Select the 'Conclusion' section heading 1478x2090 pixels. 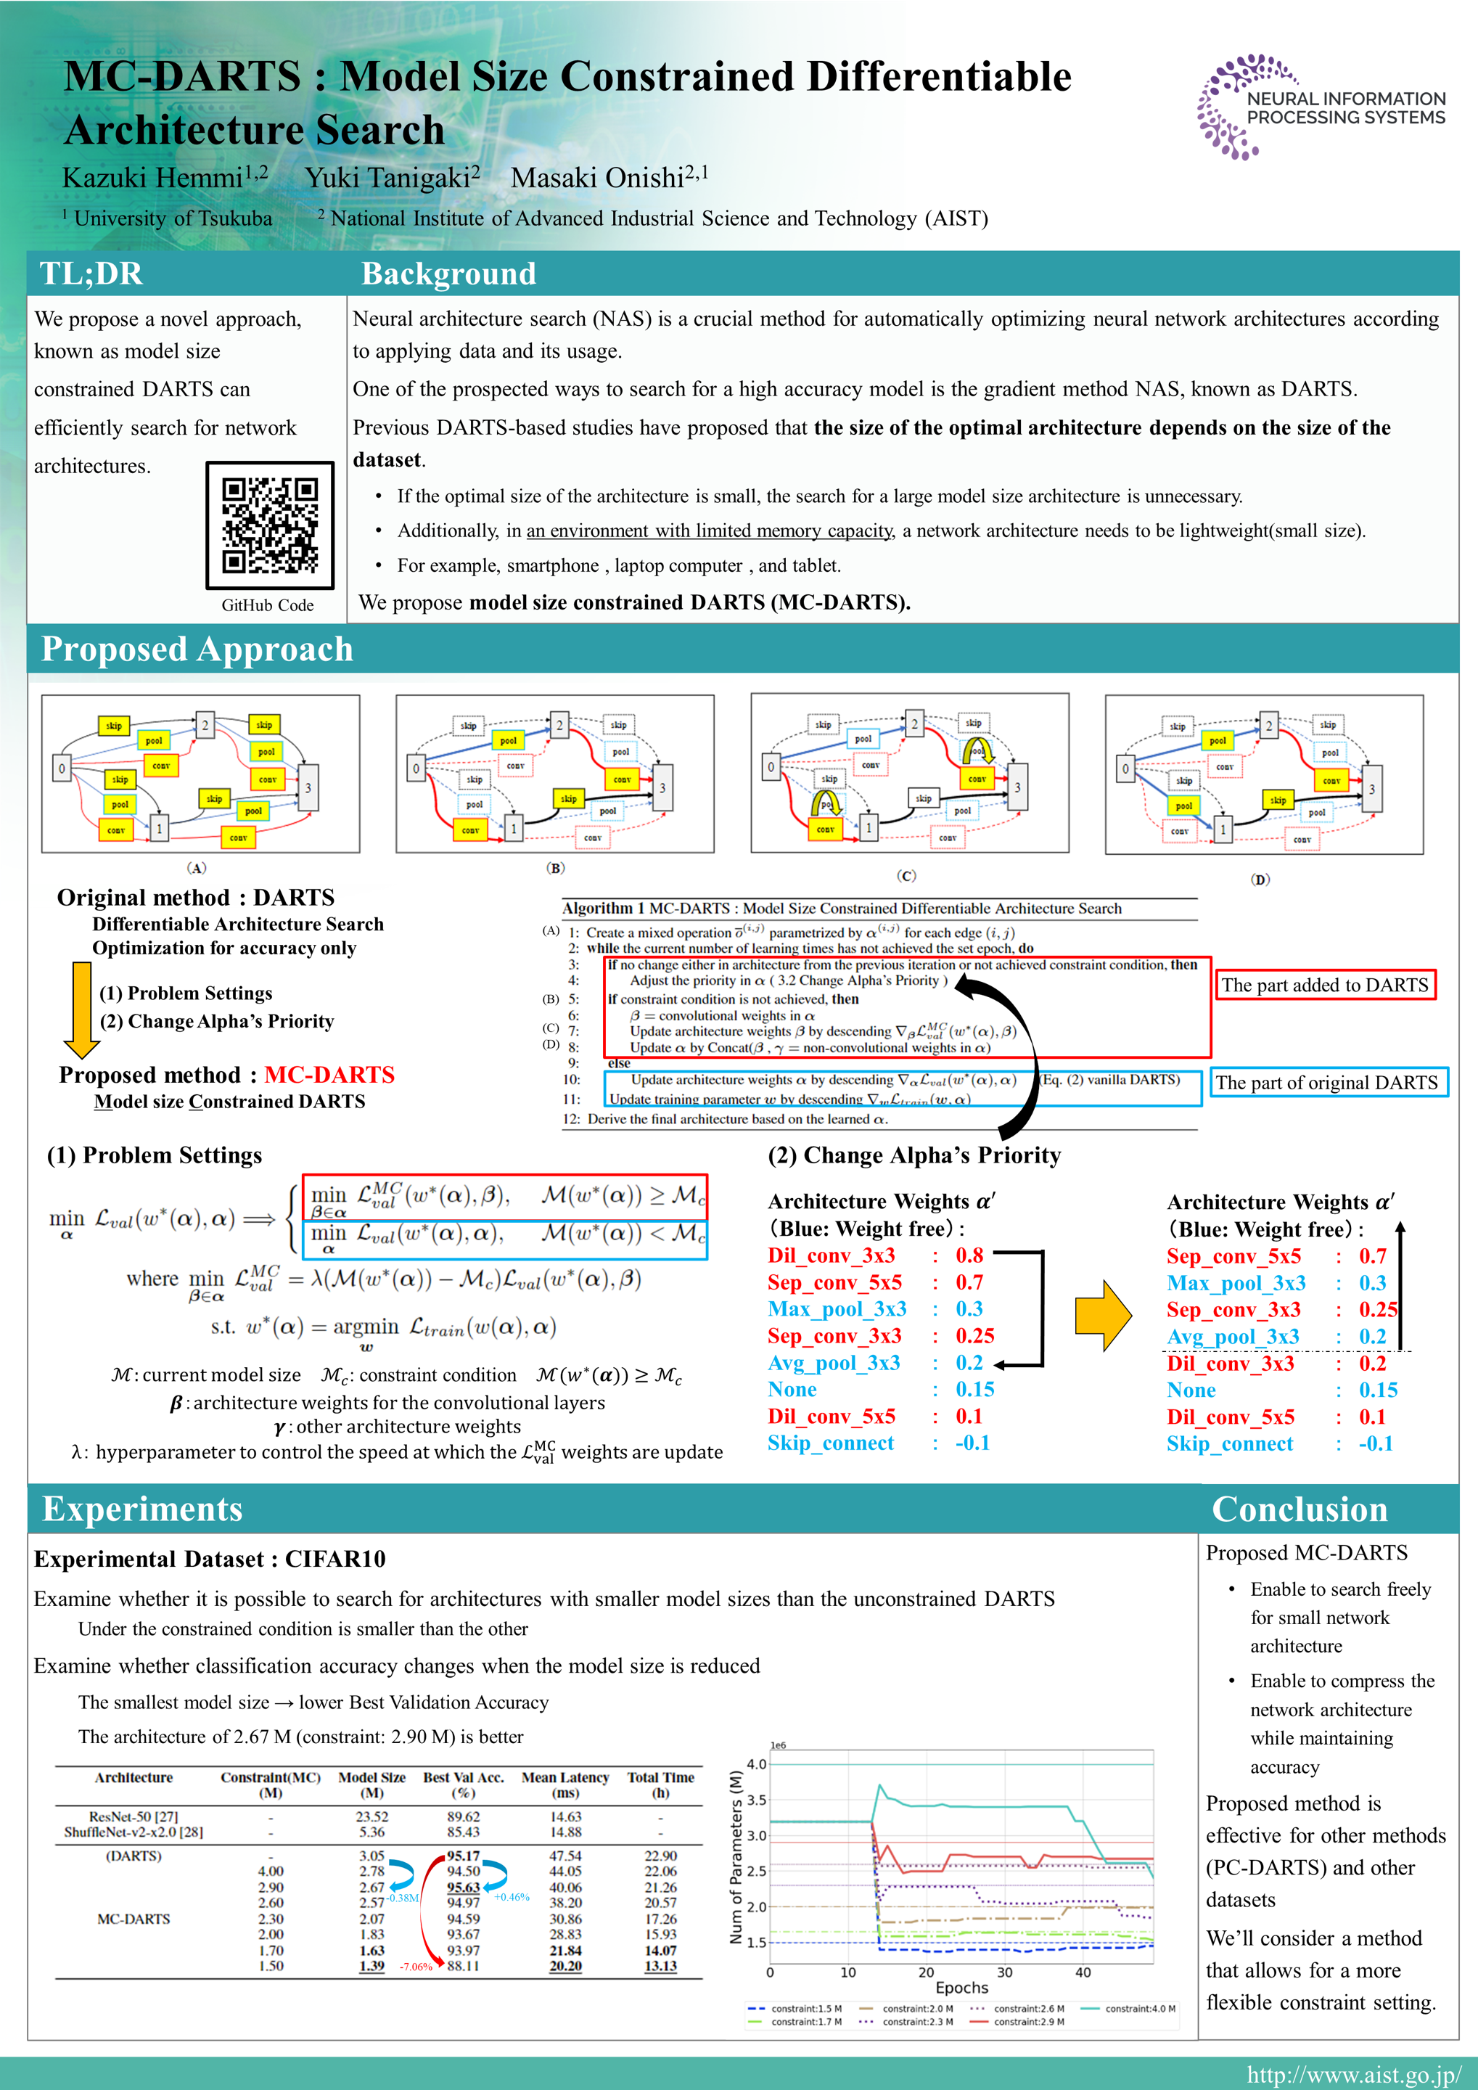pyautogui.click(x=1299, y=1509)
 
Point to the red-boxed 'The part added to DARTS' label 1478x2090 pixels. pyautogui.click(x=1324, y=985)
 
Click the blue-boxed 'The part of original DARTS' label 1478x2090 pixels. pyautogui.click(x=1326, y=1082)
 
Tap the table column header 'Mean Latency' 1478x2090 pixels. pyautogui.click(x=565, y=1778)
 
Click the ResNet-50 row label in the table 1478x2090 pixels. pyautogui.click(x=134, y=1816)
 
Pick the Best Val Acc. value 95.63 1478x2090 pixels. pyautogui.click(x=463, y=1887)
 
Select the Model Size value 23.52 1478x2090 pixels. pyautogui.click(x=371, y=1816)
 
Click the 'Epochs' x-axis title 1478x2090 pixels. pyautogui.click(x=961, y=1987)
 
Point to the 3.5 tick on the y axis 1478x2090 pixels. pyautogui.click(x=756, y=1800)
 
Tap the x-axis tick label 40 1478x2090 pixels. pyautogui.click(x=1083, y=1972)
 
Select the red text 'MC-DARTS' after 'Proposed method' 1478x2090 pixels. pyautogui.click(x=329, y=1075)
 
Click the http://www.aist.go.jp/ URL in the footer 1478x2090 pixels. pyautogui.click(x=1353, y=2075)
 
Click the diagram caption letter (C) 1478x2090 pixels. pyautogui.click(x=906, y=876)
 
